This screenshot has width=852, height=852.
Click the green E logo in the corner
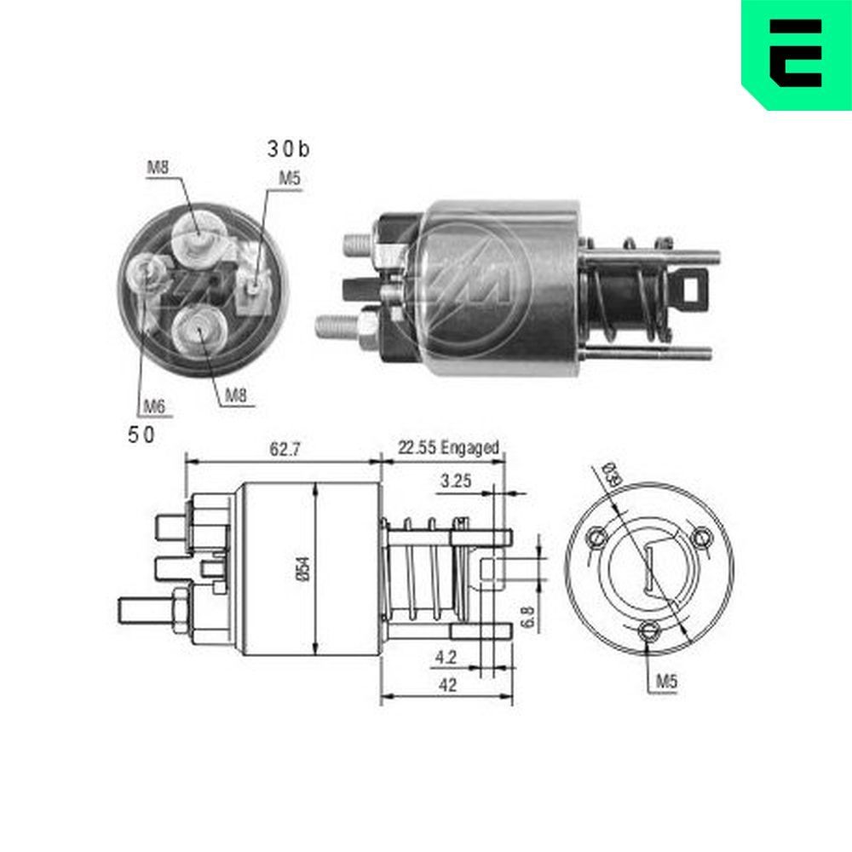pyautogui.click(x=796, y=53)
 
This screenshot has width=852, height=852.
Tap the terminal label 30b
pyautogui.click(x=288, y=150)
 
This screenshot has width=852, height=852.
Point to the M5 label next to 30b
pyautogui.click(x=290, y=179)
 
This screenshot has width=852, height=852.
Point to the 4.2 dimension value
pyautogui.click(x=444, y=657)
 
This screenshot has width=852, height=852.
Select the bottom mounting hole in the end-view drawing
pyautogui.click(x=650, y=630)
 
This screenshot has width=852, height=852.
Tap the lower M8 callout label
pyautogui.click(x=238, y=394)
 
